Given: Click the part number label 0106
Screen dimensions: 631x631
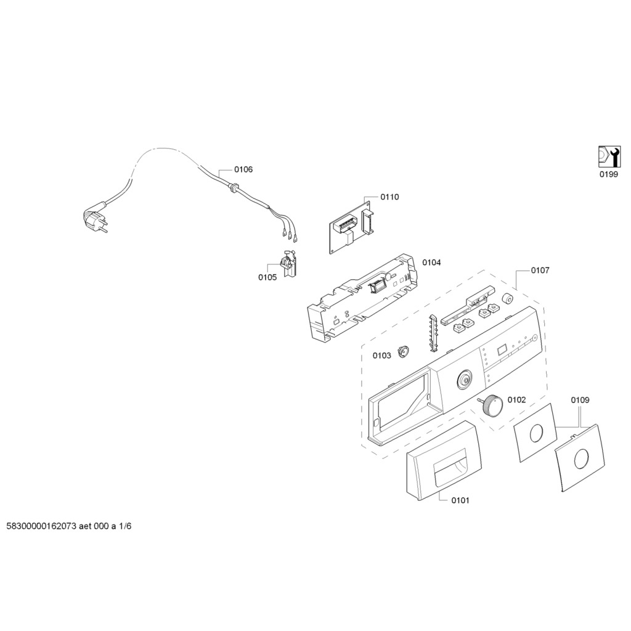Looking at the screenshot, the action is (x=243, y=169).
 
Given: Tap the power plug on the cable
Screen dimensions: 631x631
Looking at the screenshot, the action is (x=95, y=221).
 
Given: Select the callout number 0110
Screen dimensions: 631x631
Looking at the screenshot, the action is (x=389, y=197).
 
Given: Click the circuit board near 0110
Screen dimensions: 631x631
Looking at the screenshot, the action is (x=351, y=227).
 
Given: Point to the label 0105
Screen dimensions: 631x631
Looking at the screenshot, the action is (x=267, y=277).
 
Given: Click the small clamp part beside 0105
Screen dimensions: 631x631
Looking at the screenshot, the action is (x=288, y=263).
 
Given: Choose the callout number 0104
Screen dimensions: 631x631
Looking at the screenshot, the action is (x=431, y=263).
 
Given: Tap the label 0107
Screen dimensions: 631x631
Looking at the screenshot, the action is (x=540, y=271).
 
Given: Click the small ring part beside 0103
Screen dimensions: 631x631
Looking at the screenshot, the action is (x=403, y=352).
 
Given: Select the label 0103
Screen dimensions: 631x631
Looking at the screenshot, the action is (x=381, y=356).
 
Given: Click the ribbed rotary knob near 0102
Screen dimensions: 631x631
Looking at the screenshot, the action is (x=491, y=405).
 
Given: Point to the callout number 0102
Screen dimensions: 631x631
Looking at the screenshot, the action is (x=517, y=399).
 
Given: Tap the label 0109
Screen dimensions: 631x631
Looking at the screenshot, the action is (x=580, y=400).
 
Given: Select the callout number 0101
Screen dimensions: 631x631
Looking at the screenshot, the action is (x=460, y=500).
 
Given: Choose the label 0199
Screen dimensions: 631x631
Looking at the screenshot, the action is (x=608, y=174).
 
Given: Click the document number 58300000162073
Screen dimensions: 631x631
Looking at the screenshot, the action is (x=41, y=526).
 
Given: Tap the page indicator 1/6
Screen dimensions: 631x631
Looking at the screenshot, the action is (x=125, y=526).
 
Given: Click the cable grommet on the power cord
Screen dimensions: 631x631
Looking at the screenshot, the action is (x=232, y=187).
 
